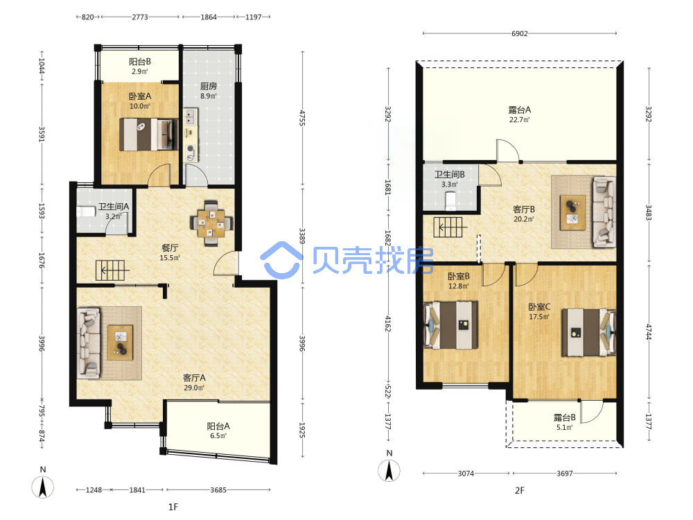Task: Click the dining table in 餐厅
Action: (x=211, y=223)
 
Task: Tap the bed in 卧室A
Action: (x=149, y=135)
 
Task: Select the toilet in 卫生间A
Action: (x=86, y=211)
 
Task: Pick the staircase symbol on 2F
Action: (x=450, y=227)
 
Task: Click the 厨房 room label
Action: (x=208, y=86)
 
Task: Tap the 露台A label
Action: (x=519, y=110)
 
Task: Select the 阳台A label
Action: (x=218, y=426)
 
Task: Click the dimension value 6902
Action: (x=519, y=33)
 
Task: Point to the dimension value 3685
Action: (x=218, y=490)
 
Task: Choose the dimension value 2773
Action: (x=140, y=17)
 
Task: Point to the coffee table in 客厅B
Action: (x=573, y=213)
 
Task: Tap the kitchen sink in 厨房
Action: (x=191, y=116)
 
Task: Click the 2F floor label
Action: (x=520, y=490)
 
